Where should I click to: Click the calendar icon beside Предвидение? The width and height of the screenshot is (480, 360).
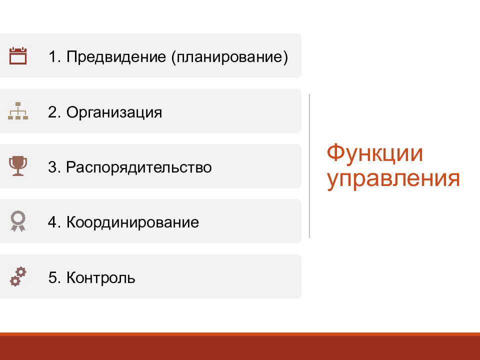18,55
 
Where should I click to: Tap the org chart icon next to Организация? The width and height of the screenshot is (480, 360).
18,111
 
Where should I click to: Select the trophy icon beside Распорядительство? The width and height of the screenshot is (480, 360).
18,166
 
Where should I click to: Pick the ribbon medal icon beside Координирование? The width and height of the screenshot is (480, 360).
18,221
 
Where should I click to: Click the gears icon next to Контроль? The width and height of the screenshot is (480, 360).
18,276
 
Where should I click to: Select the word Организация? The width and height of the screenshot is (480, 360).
114,112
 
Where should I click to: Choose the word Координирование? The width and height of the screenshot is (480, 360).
132,222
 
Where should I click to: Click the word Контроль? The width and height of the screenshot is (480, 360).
100,277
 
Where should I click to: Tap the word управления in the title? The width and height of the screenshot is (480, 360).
393,178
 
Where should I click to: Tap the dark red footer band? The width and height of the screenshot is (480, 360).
240,347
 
